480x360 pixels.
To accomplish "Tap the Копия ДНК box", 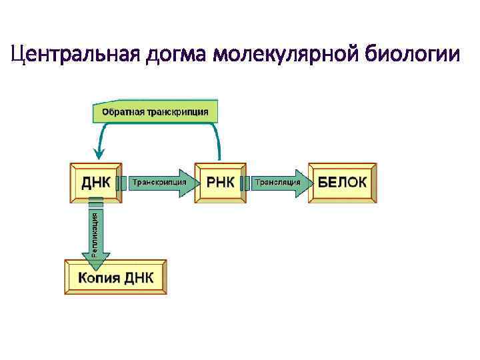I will (115, 277).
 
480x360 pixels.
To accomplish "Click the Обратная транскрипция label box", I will (155, 112).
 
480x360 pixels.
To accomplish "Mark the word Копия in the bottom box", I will (99, 277).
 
